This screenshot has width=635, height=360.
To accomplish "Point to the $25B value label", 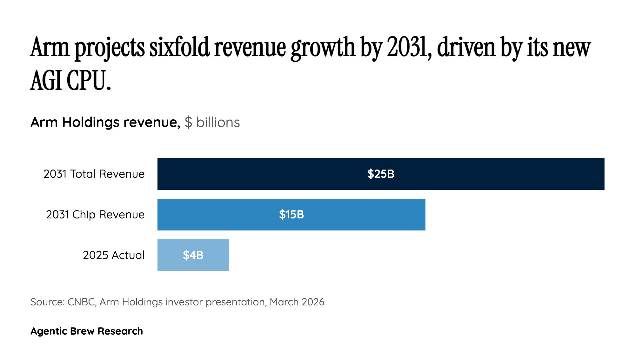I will coord(381,174).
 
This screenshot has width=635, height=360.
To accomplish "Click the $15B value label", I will coord(291,215).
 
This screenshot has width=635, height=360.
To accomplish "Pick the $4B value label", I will coord(193,255).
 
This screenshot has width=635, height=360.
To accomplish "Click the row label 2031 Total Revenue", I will coord(94,174).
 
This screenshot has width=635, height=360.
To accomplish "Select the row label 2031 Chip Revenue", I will coord(95,215).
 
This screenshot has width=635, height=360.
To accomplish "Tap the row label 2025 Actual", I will coord(114,255).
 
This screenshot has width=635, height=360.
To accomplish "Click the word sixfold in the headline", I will coord(179,48).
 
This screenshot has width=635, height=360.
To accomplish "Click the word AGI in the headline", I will coord(46,81).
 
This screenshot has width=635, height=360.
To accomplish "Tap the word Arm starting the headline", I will coord(50,48).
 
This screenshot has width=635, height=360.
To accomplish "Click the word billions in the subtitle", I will coord(218,123).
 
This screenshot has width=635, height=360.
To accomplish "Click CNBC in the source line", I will coord(81,302).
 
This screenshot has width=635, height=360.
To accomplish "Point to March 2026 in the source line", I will coord(297,302).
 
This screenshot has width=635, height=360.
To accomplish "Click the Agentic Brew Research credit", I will coord(87,331).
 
